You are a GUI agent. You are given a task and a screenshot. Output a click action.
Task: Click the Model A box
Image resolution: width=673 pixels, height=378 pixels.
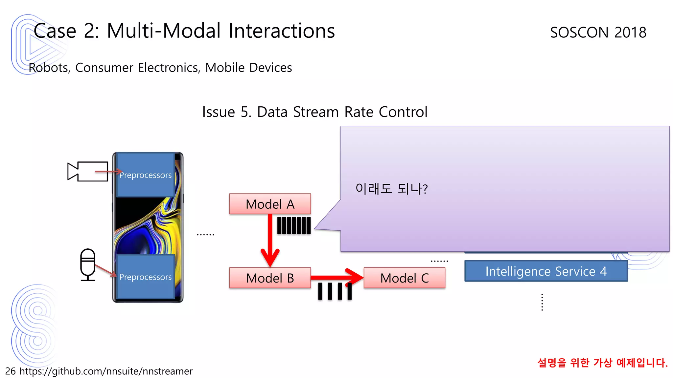coord(270,204)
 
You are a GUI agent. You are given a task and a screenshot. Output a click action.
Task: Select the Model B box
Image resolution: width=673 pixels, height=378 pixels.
coord(270,278)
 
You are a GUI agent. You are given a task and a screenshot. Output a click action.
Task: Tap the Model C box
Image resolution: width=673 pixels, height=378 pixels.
coord(404,278)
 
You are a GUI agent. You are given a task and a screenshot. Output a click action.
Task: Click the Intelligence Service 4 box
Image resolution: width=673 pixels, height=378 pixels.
coord(546,271)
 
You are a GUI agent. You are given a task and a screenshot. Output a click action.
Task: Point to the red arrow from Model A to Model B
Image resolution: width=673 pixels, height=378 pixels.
coord(270,240)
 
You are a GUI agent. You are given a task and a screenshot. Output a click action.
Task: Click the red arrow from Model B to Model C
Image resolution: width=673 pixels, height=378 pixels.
coord(335,278)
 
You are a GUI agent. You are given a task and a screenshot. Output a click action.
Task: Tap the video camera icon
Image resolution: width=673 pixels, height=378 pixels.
coord(88,171)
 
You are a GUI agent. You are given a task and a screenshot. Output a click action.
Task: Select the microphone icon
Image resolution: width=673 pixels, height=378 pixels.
coord(88,264)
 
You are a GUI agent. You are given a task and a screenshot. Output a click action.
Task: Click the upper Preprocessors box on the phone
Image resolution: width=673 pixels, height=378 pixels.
coord(145,175)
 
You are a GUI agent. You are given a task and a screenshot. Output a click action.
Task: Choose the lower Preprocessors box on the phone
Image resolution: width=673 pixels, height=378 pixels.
coord(145,277)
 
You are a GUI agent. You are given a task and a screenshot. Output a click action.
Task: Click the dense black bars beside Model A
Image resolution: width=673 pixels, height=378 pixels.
coord(294,225)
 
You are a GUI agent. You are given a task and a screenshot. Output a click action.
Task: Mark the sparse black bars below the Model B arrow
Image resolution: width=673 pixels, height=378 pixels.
coord(335,291)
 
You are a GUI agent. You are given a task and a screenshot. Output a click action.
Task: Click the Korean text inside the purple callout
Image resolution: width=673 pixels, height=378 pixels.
coord(391,189)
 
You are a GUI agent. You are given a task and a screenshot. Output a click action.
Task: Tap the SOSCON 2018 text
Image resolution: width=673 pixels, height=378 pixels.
coord(598,32)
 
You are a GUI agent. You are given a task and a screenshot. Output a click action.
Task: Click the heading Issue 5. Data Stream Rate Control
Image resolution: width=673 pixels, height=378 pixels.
coord(314,112)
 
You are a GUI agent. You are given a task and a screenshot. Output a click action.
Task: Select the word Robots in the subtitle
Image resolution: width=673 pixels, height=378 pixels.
coord(49,68)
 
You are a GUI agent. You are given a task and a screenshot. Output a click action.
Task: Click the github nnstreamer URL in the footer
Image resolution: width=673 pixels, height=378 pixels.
coord(106,371)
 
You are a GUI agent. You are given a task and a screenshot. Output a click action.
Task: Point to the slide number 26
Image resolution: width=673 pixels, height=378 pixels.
coord(10,371)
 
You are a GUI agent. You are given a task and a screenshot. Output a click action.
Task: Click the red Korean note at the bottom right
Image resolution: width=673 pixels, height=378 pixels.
coord(602,363)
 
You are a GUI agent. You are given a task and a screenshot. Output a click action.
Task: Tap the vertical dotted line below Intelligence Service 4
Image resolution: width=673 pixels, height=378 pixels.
coord(542,302)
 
